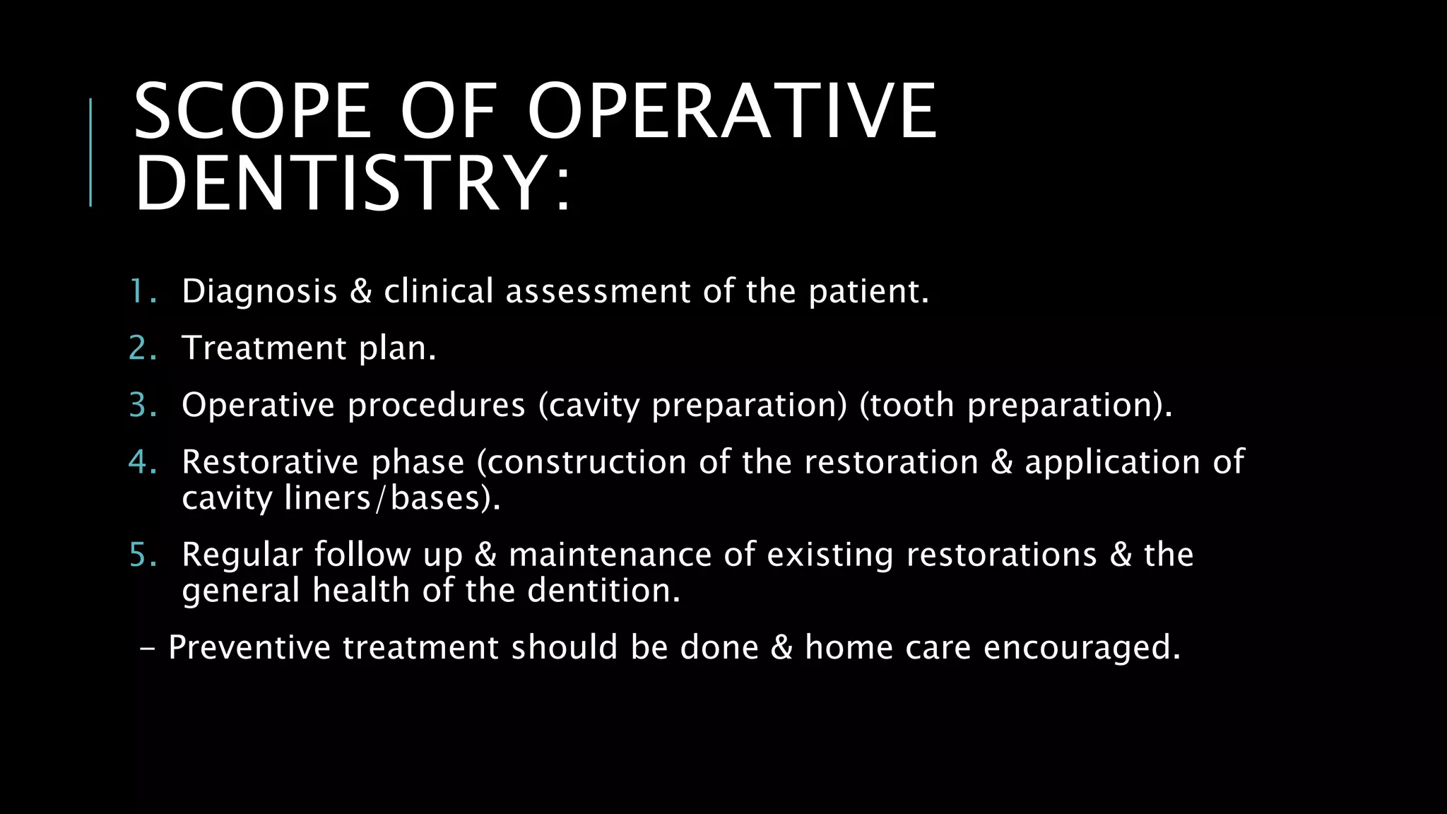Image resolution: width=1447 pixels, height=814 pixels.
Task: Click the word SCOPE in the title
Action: [x=252, y=111]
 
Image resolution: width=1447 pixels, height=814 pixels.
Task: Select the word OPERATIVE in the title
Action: [x=732, y=111]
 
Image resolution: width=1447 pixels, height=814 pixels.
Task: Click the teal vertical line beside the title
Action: [x=90, y=152]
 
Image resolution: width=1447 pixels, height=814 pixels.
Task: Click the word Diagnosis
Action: [x=259, y=291]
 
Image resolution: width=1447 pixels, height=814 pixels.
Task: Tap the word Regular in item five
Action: [x=242, y=555]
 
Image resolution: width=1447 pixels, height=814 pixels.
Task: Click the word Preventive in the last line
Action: [x=249, y=648]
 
